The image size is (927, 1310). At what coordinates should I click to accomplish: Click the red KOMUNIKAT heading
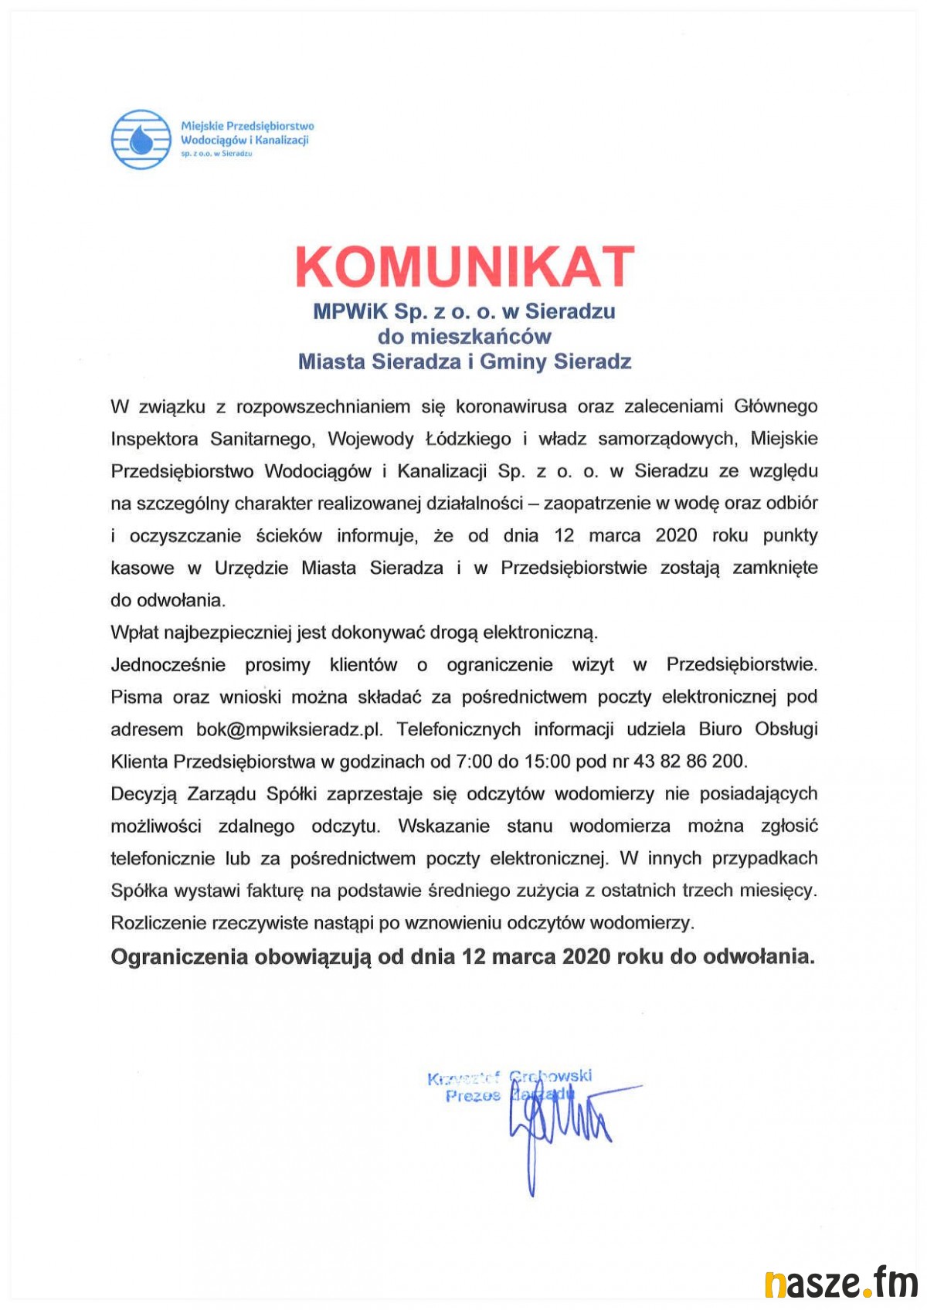tap(464, 266)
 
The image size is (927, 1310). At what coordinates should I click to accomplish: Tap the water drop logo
tap(141, 139)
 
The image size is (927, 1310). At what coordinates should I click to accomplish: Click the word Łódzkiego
tap(468, 439)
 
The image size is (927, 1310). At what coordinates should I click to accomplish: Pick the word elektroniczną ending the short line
tap(540, 633)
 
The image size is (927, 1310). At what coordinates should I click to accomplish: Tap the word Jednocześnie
tap(168, 665)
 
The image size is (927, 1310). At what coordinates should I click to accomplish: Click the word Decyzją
tap(144, 794)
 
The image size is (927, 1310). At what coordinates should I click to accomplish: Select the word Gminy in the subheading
tap(514, 361)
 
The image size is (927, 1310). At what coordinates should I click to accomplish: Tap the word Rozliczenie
tap(158, 923)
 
